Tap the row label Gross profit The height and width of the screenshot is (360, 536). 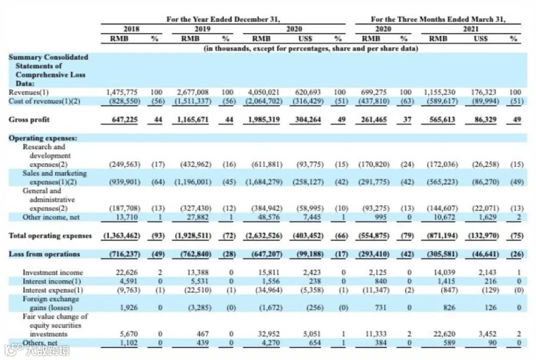pyautogui.click(x=29, y=120)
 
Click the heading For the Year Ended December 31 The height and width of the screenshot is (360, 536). pyautogui.click(x=223, y=19)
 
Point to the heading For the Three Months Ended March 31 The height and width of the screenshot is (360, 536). pyautogui.click(x=438, y=19)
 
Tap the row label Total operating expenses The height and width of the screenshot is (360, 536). pyautogui.click(x=50, y=235)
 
